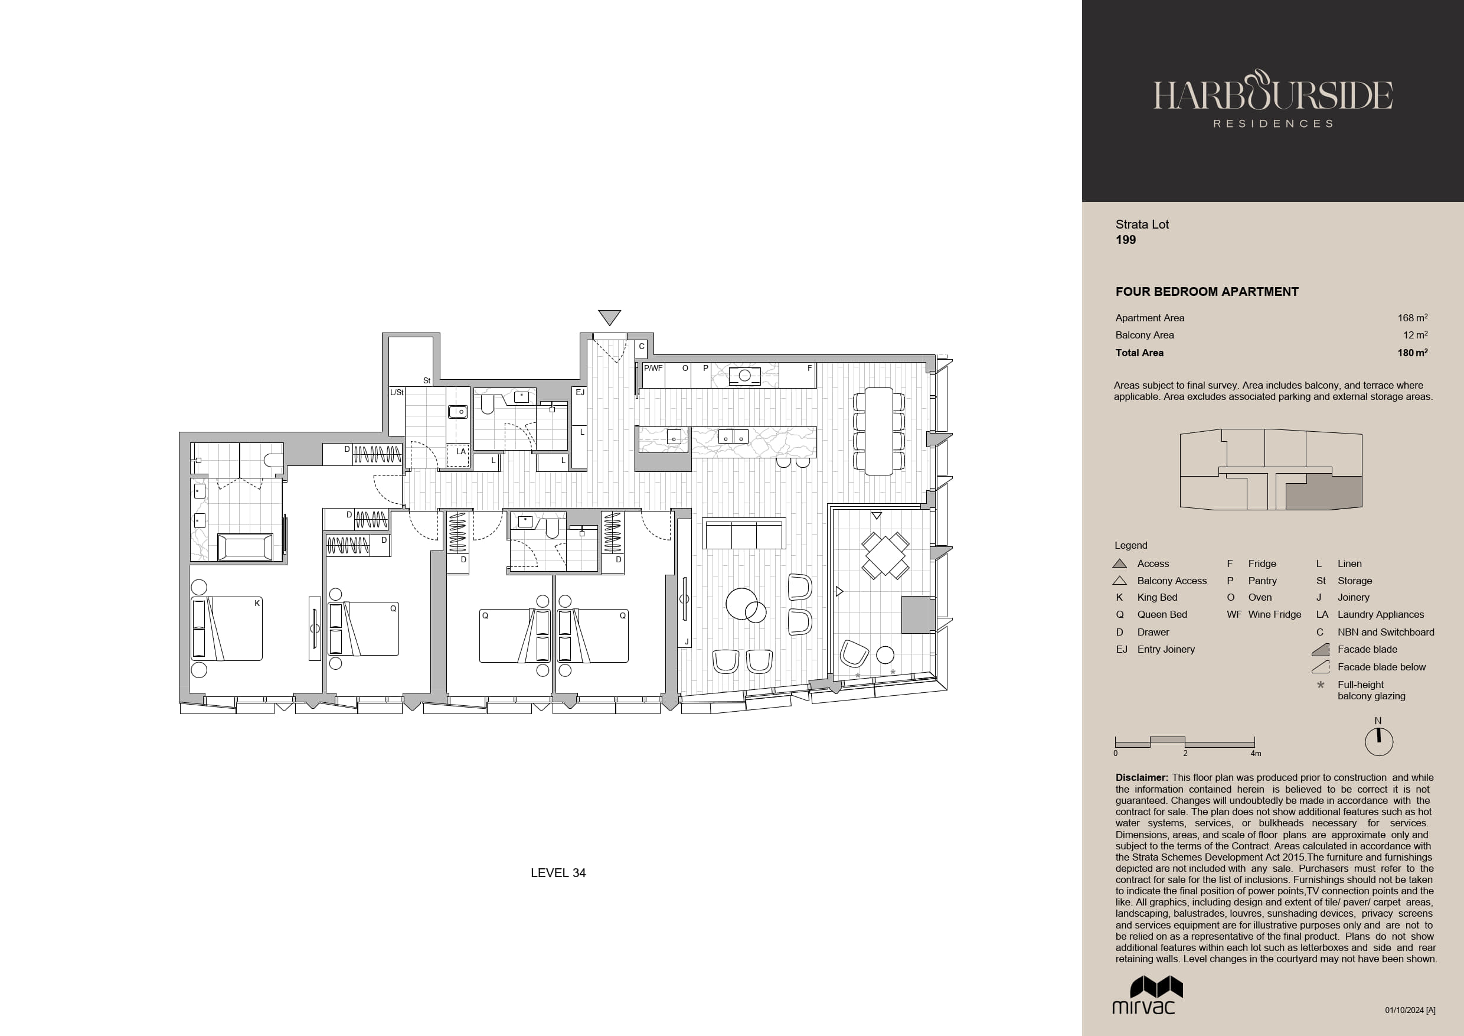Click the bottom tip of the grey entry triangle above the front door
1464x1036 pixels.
[610, 325]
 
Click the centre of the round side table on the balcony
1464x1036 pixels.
[885, 654]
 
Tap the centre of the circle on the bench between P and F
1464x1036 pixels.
[745, 376]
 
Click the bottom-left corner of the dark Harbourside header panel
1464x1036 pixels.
[1082, 201]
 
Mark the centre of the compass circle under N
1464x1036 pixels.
[1378, 742]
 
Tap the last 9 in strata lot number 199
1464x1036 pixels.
[1132, 240]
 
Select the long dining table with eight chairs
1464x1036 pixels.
[878, 431]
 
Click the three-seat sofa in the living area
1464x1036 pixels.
[744, 534]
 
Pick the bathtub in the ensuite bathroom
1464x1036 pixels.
[246, 548]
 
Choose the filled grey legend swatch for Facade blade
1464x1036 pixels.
[1320, 649]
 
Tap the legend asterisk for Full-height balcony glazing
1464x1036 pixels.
[1321, 685]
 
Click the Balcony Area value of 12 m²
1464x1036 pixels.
[1415, 335]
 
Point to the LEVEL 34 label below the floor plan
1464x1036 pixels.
[558, 873]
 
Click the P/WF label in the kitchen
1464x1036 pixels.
[653, 368]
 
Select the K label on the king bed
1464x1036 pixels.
[257, 603]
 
